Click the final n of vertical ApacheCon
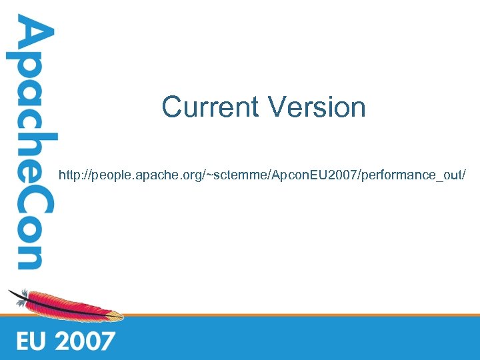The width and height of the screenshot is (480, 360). (29, 257)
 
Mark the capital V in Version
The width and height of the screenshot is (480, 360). (277, 107)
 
